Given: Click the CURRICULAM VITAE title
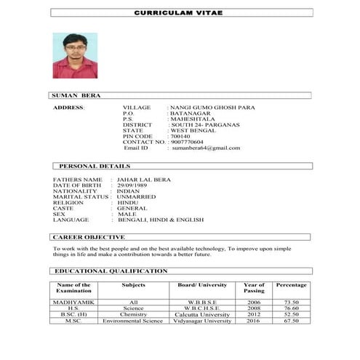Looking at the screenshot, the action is [x=182, y=13].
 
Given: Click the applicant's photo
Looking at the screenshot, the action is [x=75, y=55].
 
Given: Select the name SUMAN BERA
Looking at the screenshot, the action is [x=76, y=95].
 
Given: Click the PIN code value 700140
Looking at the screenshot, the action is [x=180, y=136].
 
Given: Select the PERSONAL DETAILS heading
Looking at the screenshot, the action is [x=95, y=167].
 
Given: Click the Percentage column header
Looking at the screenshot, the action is [x=291, y=285].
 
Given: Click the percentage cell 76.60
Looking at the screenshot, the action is [x=291, y=308].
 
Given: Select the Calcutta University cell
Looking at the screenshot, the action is [x=203, y=314].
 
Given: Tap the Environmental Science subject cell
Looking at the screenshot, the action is [x=132, y=321].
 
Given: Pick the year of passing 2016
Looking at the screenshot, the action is [x=253, y=321].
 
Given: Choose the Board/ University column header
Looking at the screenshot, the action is [x=203, y=285].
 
